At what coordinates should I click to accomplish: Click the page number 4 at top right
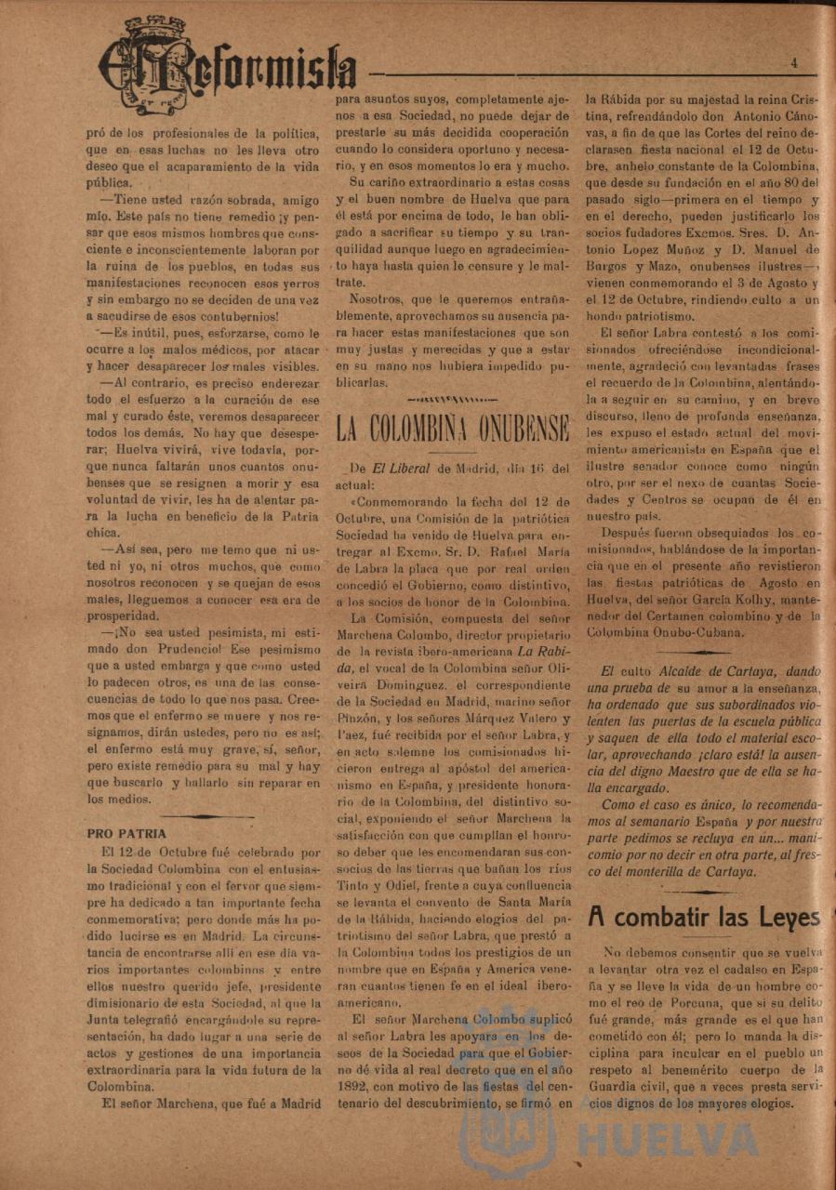coord(794,63)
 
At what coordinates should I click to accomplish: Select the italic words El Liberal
coord(401,469)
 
